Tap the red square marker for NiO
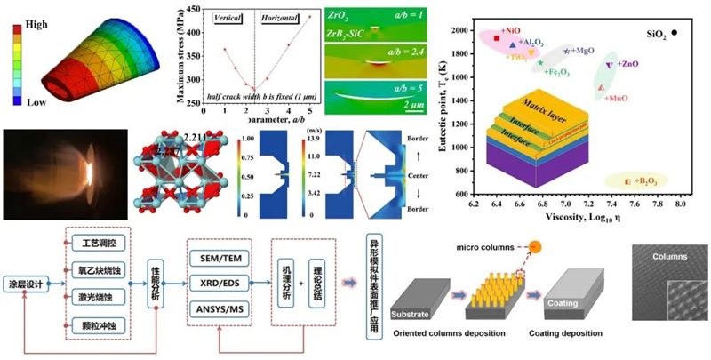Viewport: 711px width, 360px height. pos(496,37)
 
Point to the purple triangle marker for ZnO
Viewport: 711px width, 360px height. pos(608,66)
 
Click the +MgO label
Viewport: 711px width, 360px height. pos(583,51)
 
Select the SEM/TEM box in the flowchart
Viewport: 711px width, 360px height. pos(222,258)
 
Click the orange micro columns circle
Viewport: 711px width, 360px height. pos(536,247)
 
